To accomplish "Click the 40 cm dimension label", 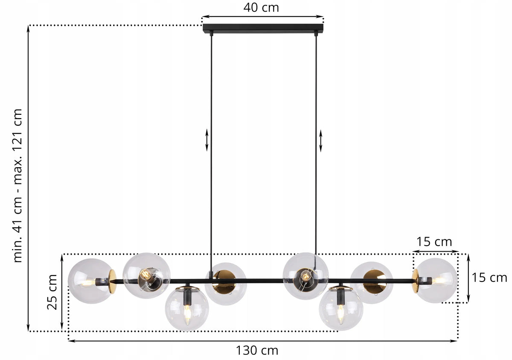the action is tap(261, 8).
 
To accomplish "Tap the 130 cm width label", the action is tap(257, 351).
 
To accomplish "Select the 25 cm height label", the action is tap(52, 292).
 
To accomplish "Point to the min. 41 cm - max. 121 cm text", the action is tap(18, 186).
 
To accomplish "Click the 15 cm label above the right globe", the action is tap(434, 242).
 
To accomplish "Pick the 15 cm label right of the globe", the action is tap(489, 278).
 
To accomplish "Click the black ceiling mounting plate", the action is tap(263, 28).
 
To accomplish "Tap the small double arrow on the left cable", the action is tap(207, 140).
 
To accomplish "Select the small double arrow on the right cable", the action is tap(321, 141).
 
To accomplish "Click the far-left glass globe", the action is tap(91, 281).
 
